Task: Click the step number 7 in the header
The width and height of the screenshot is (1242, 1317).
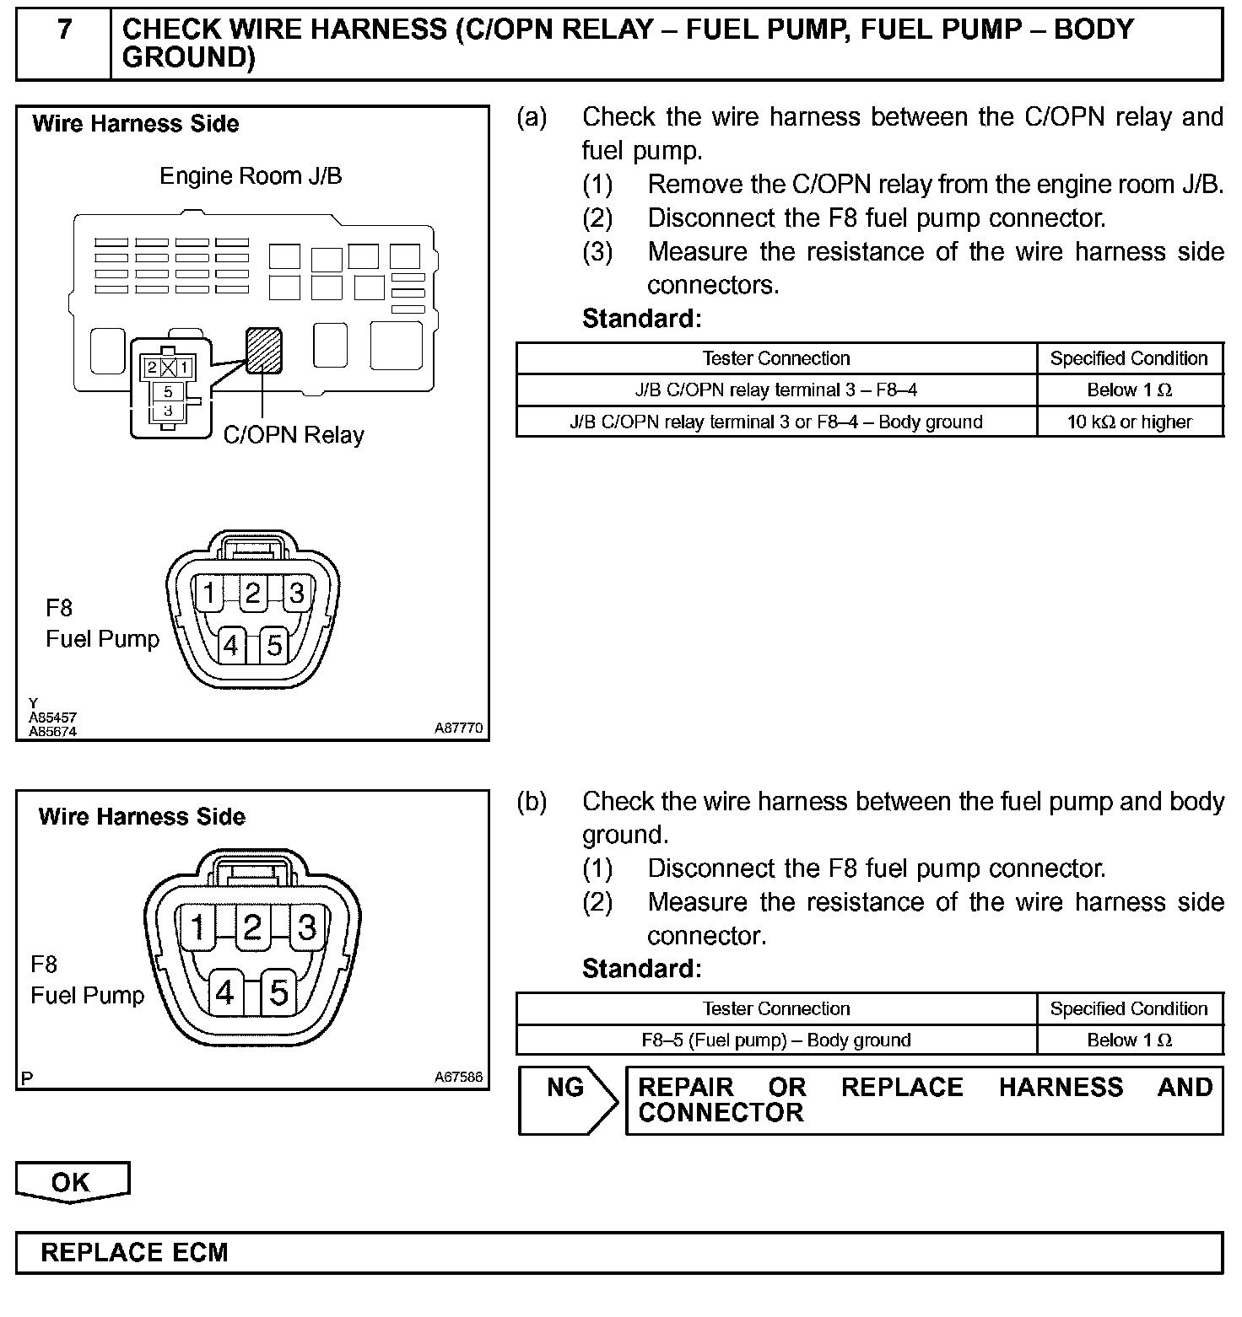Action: coord(64,31)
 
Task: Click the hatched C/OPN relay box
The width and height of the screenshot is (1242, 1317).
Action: coord(263,350)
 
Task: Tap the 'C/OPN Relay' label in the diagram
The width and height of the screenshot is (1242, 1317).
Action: coord(294,435)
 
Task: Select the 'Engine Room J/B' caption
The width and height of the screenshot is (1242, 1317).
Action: coord(251,176)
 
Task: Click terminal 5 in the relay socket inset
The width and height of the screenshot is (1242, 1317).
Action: coord(169,391)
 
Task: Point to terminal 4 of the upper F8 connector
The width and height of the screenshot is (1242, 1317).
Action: coord(229,645)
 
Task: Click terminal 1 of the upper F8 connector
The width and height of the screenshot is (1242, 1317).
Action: coord(208,593)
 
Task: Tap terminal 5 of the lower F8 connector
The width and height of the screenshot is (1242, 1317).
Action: coord(278,992)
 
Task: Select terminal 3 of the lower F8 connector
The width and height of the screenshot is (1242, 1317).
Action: coord(307,927)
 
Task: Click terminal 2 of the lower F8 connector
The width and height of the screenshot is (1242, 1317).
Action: coord(251,927)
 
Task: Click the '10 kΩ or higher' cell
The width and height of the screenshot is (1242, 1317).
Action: coord(1129,422)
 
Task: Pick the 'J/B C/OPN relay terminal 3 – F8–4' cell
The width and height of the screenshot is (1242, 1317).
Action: coord(775,390)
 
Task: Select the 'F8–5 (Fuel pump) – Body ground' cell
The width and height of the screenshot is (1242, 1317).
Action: coord(775,1040)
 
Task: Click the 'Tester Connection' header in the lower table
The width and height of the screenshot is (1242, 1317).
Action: coord(775,1008)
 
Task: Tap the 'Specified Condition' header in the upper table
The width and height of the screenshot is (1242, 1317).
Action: coord(1129,358)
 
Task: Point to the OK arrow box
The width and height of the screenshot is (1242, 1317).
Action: coord(72,1181)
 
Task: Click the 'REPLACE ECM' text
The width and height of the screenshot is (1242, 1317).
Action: coord(135,1252)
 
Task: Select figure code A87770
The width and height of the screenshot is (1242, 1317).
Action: coord(458,728)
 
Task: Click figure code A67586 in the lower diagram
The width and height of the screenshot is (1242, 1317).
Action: coord(458,1077)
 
